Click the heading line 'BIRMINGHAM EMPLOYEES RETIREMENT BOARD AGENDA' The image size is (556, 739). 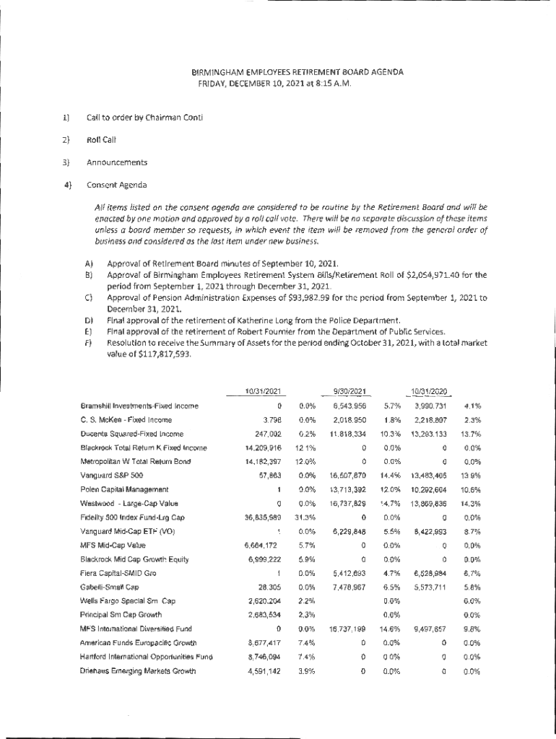pyautogui.click(x=297, y=72)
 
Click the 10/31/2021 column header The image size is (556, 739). pyautogui.click(x=262, y=391)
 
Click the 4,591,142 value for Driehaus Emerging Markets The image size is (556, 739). pyautogui.click(x=263, y=670)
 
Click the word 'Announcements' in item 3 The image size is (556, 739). pyautogui.click(x=117, y=162)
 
